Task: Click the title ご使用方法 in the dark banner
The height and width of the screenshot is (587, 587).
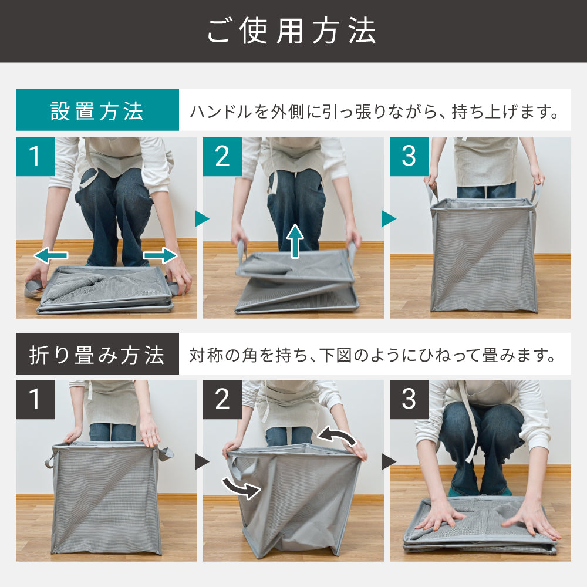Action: pyautogui.click(x=292, y=32)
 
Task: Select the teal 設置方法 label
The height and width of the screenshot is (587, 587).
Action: pyautogui.click(x=97, y=110)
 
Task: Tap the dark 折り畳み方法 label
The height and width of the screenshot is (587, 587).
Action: pyautogui.click(x=97, y=354)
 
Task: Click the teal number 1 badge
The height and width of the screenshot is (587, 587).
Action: pyautogui.click(x=36, y=157)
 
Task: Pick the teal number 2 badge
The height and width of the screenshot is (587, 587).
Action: pyautogui.click(x=222, y=157)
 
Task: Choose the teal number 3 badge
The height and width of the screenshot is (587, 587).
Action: pyautogui.click(x=409, y=157)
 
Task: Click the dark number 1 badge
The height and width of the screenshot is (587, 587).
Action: pyautogui.click(x=36, y=399)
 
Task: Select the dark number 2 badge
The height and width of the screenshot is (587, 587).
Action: pyautogui.click(x=222, y=399)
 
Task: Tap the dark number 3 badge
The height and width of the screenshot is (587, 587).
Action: pyautogui.click(x=409, y=399)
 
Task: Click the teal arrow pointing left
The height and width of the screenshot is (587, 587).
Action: pyautogui.click(x=51, y=256)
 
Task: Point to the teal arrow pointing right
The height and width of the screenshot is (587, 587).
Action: pyautogui.click(x=160, y=256)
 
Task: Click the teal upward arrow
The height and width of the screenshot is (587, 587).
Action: pyautogui.click(x=295, y=241)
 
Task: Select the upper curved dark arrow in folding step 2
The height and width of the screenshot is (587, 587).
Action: pyautogui.click(x=336, y=436)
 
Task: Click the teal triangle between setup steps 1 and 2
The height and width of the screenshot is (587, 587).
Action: pyautogui.click(x=202, y=218)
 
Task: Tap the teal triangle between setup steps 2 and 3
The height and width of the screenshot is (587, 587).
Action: pyautogui.click(x=389, y=218)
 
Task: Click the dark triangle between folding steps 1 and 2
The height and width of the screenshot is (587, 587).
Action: pyautogui.click(x=202, y=461)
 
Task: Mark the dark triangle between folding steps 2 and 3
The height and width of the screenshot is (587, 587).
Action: pyautogui.click(x=389, y=461)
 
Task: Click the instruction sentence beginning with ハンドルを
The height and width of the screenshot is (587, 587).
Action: pyautogui.click(x=375, y=112)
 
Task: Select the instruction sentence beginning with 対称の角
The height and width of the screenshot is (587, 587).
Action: pyautogui.click(x=373, y=355)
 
